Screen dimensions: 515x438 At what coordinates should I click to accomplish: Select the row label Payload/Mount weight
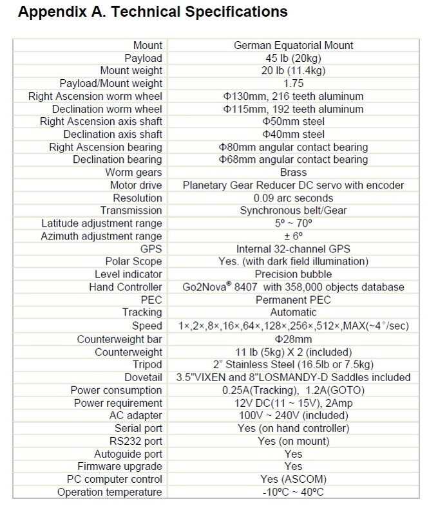111,83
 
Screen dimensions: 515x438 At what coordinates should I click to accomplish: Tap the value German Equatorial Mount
293,45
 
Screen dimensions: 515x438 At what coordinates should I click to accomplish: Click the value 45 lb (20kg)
293,58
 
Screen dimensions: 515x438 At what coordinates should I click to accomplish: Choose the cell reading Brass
293,172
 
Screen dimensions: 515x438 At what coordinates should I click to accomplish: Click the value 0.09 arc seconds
293,198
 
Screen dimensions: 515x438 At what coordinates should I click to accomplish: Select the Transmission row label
131,211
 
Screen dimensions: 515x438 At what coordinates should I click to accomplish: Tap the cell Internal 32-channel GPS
293,248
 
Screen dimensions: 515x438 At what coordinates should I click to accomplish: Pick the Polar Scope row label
133,261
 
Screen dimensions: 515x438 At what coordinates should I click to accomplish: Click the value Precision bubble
293,274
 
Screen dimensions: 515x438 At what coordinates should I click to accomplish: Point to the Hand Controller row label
126,287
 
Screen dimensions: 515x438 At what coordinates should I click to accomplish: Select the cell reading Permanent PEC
293,299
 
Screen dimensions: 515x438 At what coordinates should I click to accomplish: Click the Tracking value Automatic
293,312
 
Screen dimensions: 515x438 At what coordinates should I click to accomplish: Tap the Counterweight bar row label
119,339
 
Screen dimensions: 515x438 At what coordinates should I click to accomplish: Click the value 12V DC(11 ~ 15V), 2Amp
293,402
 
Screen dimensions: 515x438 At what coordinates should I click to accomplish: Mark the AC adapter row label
136,415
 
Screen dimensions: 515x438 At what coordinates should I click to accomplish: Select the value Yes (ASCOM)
293,479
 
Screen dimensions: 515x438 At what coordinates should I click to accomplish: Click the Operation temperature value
293,492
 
